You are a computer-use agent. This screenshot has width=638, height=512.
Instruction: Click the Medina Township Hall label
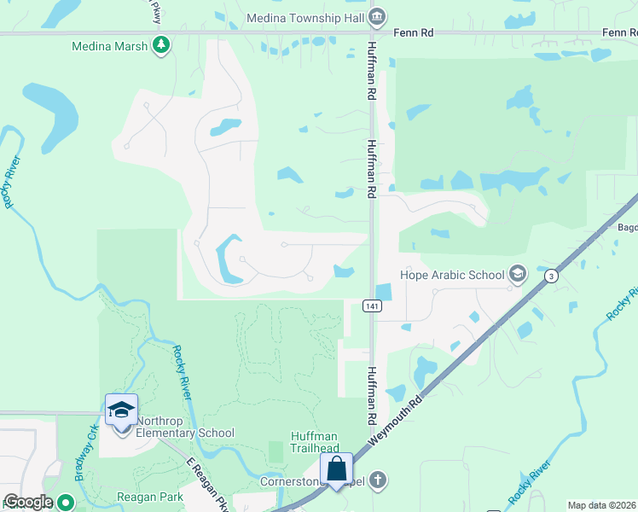click(306, 17)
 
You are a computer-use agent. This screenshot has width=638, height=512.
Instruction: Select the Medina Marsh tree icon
click(160, 46)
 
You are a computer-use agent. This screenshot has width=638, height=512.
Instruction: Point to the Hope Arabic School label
click(452, 275)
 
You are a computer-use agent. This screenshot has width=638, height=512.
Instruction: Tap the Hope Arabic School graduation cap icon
click(516, 275)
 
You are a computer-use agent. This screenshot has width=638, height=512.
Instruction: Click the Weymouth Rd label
click(397, 423)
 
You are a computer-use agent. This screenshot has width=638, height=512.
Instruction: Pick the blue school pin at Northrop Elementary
click(121, 410)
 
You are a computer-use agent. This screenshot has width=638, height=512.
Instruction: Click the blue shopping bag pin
click(337, 469)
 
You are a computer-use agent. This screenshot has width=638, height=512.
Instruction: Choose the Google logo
click(27, 502)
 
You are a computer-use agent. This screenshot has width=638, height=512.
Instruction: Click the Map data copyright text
click(602, 505)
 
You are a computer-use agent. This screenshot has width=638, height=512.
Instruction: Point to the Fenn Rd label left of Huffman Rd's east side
click(414, 32)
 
